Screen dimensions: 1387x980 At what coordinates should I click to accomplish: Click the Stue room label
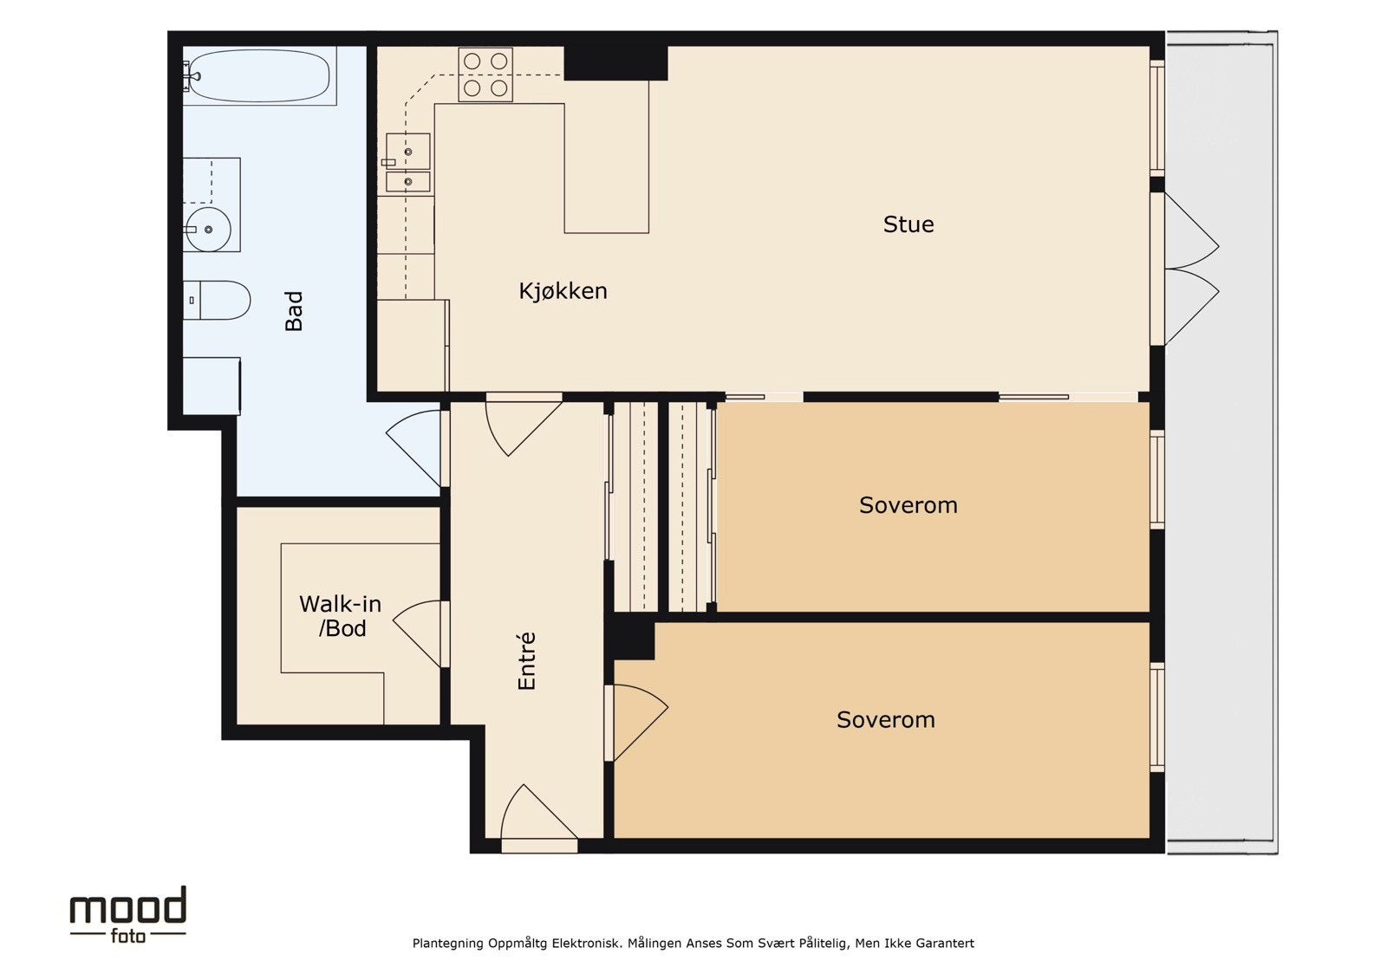(x=908, y=224)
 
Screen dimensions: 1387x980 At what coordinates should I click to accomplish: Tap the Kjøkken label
(x=563, y=291)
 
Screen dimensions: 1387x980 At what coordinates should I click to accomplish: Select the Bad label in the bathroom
(x=294, y=311)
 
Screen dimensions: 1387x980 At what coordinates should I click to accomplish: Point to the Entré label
(x=526, y=661)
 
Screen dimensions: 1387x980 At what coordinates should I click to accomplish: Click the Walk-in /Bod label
(x=341, y=616)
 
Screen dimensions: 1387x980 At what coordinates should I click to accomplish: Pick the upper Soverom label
(x=908, y=505)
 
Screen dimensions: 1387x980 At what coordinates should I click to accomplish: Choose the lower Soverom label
(x=886, y=719)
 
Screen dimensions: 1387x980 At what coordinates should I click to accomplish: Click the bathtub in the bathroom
(x=259, y=76)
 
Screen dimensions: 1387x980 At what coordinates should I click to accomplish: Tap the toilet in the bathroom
(x=217, y=301)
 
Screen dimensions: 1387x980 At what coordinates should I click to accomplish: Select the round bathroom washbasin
(x=209, y=230)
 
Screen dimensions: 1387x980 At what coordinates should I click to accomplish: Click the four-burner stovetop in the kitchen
(x=485, y=75)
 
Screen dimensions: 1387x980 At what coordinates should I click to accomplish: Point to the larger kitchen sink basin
(x=408, y=151)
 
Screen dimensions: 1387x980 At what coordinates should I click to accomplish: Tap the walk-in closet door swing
(x=420, y=633)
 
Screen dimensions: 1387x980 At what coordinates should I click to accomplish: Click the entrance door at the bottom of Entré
(x=538, y=817)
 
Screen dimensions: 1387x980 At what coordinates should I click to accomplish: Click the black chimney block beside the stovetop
(x=615, y=63)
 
